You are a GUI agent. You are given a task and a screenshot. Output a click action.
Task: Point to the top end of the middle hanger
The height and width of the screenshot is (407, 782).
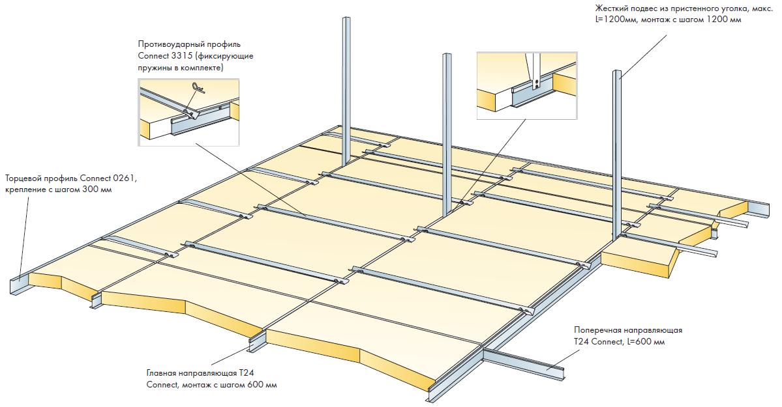coord(447,57)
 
